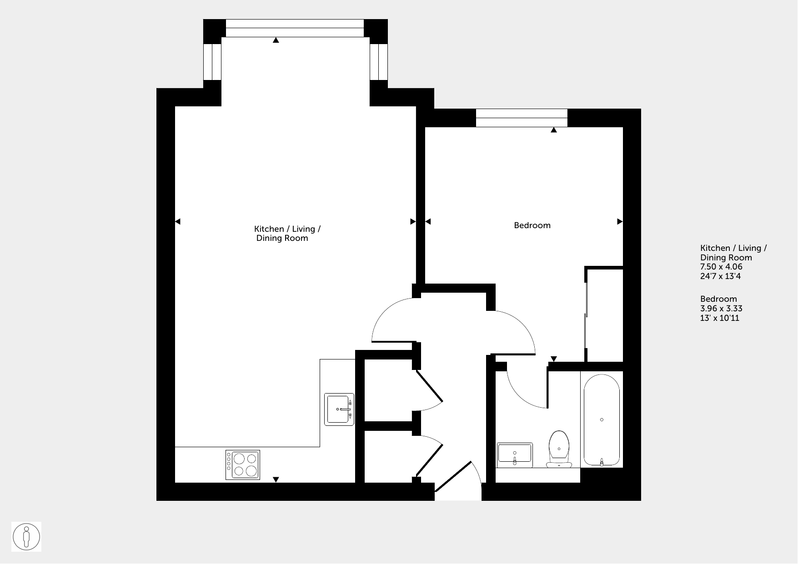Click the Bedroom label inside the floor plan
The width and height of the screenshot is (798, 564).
click(532, 225)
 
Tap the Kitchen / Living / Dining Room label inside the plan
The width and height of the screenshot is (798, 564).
click(287, 234)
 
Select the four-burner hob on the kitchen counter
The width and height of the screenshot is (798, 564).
click(242, 465)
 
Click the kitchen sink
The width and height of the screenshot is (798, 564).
click(339, 409)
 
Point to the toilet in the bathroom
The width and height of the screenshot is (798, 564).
click(559, 449)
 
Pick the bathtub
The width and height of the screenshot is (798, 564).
click(602, 420)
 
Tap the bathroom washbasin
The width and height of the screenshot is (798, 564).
click(515, 455)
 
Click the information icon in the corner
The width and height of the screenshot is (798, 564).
click(26, 537)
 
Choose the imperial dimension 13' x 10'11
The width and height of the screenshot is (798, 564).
click(720, 318)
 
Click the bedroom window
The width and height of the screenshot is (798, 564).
click(522, 118)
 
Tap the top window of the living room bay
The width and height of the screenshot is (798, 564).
click(295, 28)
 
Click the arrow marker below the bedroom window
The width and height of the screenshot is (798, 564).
click(553, 130)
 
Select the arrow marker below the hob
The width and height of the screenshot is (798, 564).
click(276, 479)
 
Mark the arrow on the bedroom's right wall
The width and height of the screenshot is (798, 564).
click(619, 222)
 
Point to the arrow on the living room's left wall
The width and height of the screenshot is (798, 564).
click(178, 222)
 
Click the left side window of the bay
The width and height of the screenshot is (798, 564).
click(212, 62)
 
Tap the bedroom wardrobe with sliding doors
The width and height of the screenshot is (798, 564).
click(604, 314)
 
